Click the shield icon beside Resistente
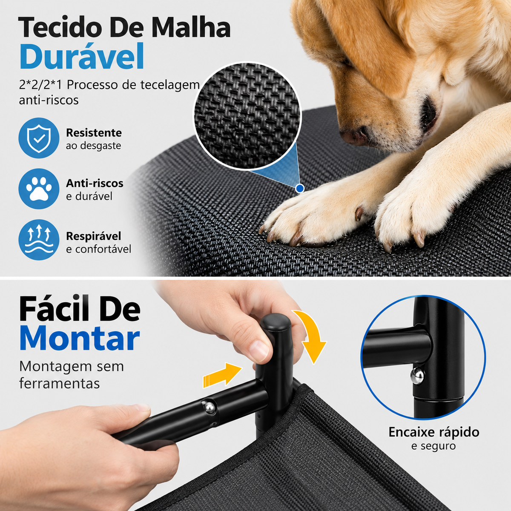tap(39, 138)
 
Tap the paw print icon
tap(39, 189)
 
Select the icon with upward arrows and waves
tap(39, 240)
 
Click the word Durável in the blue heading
tap(82, 57)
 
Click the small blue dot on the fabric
tap(299, 188)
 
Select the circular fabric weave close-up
tap(247, 116)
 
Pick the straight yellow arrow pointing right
tap(222, 374)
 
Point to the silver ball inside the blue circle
tap(417, 375)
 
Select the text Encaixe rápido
tap(434, 432)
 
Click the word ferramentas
tap(59, 383)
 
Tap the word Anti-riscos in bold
tap(95, 183)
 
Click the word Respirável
tap(93, 236)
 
